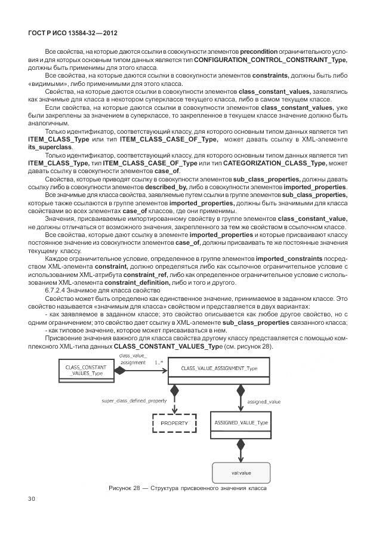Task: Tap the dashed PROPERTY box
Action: (x=174, y=423)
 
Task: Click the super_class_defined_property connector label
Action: (x=134, y=401)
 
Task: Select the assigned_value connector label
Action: (x=264, y=402)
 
